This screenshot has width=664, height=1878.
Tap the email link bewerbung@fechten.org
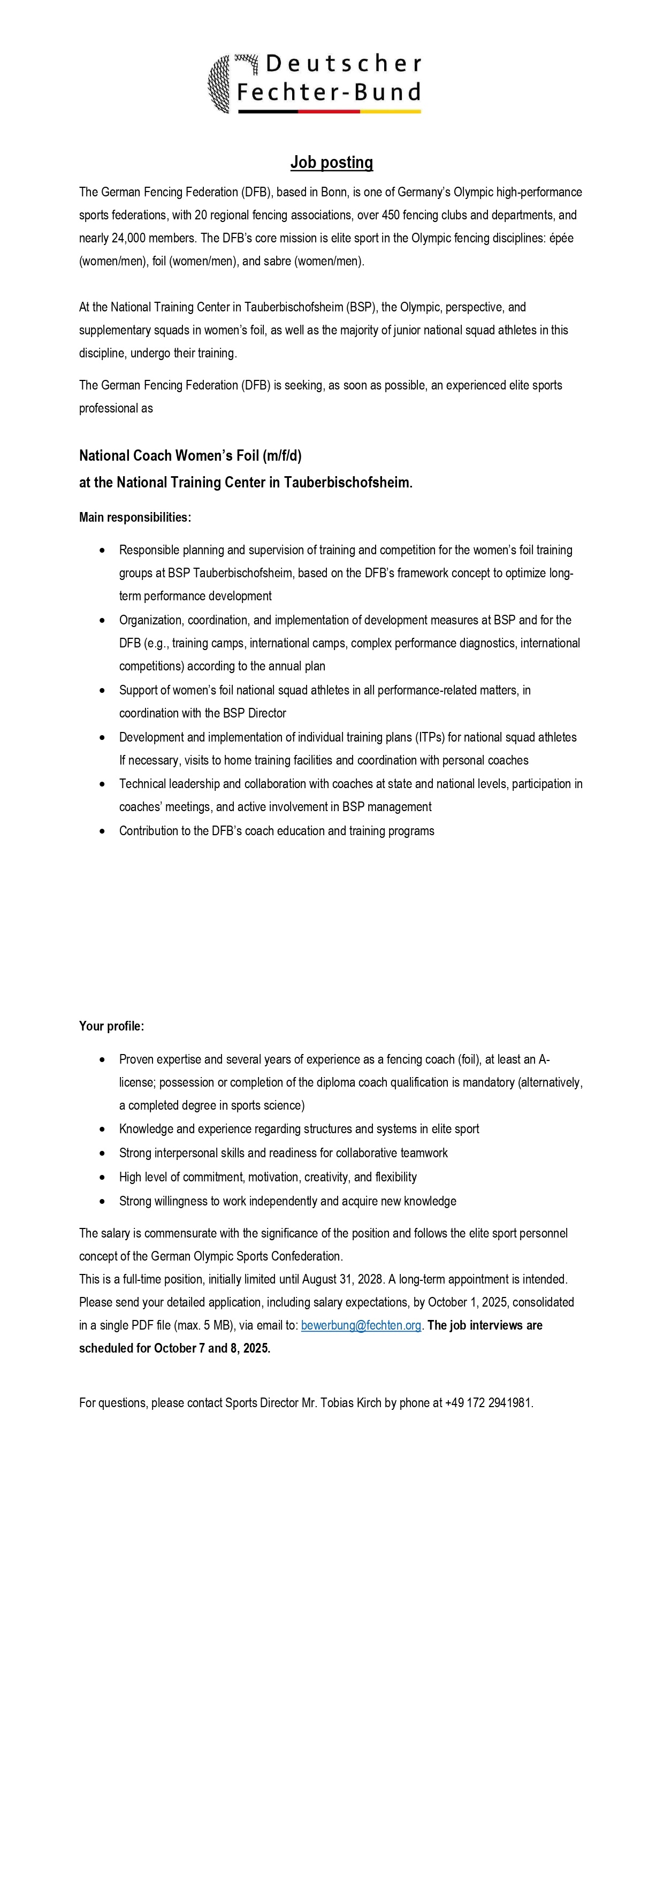(x=361, y=1325)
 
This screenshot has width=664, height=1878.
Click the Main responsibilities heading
(x=135, y=517)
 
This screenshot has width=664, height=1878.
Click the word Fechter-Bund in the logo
(x=329, y=93)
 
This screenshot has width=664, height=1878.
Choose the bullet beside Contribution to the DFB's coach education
(x=103, y=831)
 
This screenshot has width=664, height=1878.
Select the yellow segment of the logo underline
(x=390, y=111)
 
